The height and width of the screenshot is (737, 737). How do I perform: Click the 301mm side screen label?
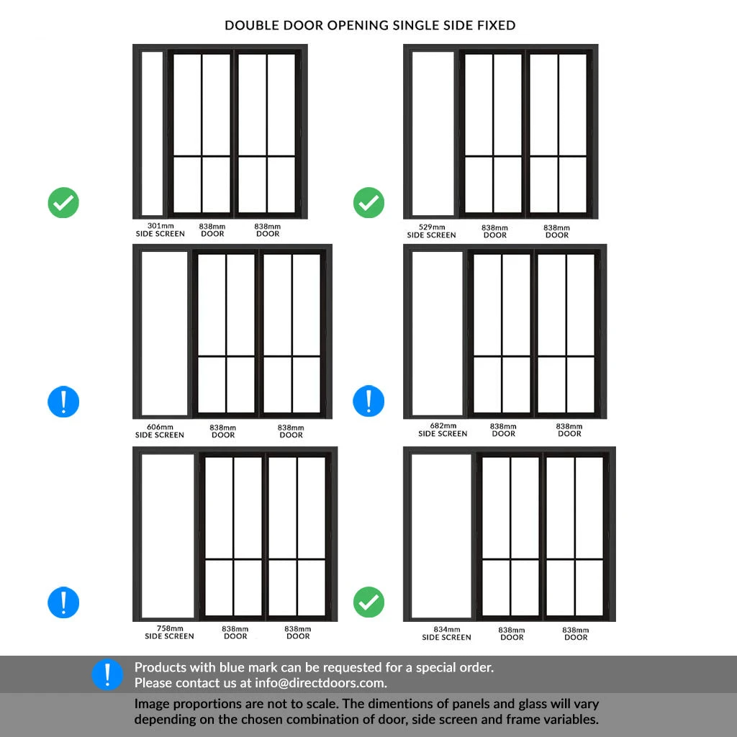(x=160, y=230)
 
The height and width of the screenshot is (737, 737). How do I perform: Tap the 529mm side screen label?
(x=431, y=231)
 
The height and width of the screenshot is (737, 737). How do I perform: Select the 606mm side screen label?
(x=160, y=431)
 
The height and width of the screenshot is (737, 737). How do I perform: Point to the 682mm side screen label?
(x=443, y=430)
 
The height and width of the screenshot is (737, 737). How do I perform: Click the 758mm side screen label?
(x=169, y=632)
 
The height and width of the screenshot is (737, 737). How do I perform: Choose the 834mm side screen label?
(x=446, y=633)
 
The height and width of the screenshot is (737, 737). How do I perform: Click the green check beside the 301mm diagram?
(x=63, y=203)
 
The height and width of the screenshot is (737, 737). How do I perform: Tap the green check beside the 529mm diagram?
(x=368, y=203)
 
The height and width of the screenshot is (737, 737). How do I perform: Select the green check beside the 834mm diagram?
(x=368, y=602)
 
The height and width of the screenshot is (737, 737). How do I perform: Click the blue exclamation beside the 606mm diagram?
(x=63, y=401)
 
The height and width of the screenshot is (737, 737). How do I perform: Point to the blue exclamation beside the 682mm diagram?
(x=368, y=401)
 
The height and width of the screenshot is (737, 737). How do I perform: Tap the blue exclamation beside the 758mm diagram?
(x=63, y=602)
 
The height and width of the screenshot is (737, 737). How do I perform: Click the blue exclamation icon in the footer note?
(x=107, y=674)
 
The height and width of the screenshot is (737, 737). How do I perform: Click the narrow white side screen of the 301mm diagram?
(x=152, y=133)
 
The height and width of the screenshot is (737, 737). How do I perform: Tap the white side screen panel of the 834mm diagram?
(x=441, y=535)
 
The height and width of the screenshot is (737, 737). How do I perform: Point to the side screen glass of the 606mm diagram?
(x=165, y=333)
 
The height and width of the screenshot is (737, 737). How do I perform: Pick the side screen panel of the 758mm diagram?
(x=168, y=535)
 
